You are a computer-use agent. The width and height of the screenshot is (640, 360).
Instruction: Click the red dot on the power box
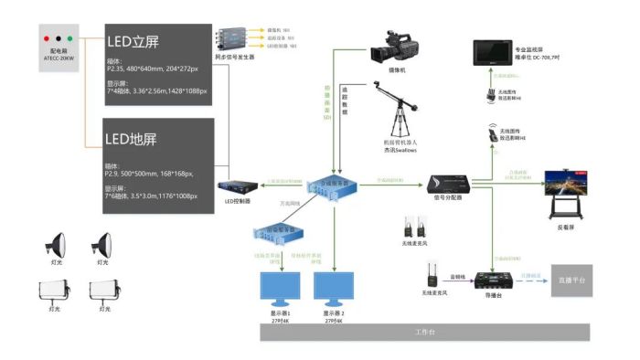click(x=48, y=38)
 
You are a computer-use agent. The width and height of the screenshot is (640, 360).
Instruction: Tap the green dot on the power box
click(x=71, y=38)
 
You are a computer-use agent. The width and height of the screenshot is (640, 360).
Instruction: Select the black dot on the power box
click(x=59, y=38)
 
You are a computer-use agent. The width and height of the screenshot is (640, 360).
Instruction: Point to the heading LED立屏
click(x=134, y=41)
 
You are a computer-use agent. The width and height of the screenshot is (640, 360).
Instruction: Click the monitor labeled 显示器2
click(x=333, y=289)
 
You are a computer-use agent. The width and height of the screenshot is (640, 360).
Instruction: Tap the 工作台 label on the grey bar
click(x=426, y=331)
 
